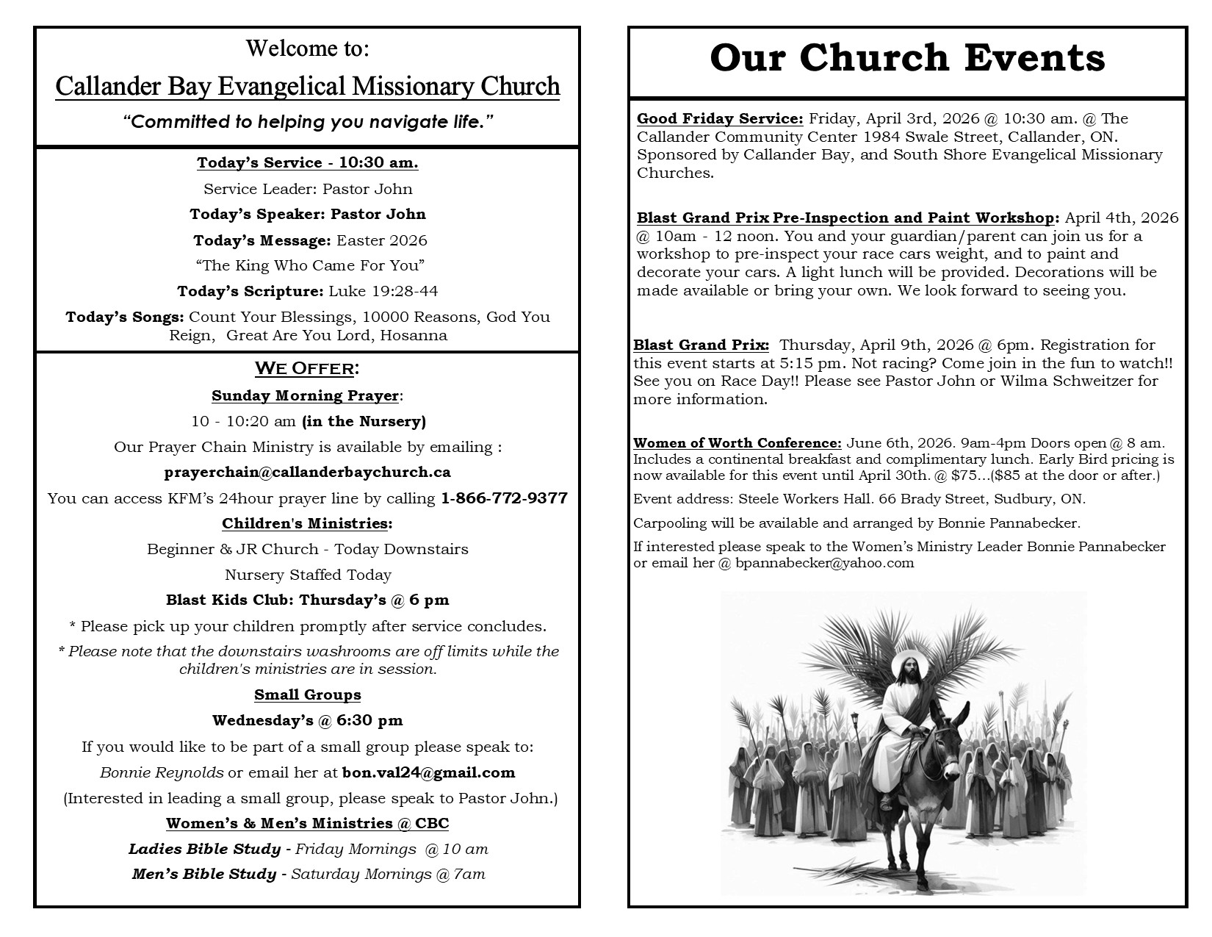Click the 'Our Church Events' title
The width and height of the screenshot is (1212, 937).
(x=907, y=59)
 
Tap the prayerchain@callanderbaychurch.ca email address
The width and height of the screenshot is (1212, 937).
(x=307, y=473)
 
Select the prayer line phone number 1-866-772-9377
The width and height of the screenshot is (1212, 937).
(x=504, y=498)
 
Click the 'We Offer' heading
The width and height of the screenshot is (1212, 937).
(x=306, y=368)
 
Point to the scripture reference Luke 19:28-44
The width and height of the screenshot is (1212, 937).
(x=383, y=291)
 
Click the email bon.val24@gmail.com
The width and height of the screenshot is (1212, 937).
(x=428, y=772)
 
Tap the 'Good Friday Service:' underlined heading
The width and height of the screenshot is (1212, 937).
(x=720, y=118)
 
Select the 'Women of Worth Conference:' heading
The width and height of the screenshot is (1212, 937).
(x=737, y=443)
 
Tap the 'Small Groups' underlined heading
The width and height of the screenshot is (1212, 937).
(x=307, y=695)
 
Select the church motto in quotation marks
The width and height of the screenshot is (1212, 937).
(x=307, y=122)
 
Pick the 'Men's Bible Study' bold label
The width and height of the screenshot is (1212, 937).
(x=203, y=875)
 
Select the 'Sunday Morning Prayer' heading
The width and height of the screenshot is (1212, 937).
(x=306, y=396)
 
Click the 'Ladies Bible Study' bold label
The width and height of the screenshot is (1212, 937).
(x=204, y=850)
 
